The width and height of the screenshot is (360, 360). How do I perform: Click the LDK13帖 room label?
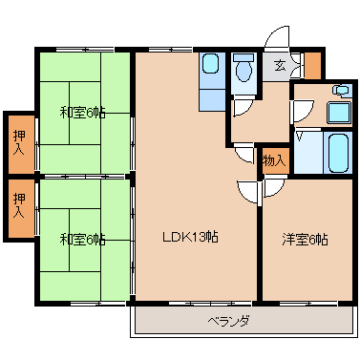point(190,237)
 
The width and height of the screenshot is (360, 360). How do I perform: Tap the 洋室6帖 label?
point(305,240)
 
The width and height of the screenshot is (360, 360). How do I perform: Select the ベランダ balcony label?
point(228,320)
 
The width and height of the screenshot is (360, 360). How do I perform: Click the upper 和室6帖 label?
point(83,113)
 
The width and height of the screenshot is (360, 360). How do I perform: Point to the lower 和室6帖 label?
point(83,240)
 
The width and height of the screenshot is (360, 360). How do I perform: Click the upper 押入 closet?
point(21,144)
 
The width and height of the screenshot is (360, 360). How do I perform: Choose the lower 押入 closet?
point(21,208)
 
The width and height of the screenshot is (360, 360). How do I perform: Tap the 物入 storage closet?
point(275,160)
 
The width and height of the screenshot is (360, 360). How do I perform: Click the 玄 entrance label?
point(280,66)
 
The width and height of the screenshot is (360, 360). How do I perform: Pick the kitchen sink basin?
point(210,64)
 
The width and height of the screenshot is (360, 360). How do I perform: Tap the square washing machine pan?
point(339,113)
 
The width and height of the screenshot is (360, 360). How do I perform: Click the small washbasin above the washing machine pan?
point(341,90)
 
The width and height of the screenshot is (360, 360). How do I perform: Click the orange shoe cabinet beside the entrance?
point(312,65)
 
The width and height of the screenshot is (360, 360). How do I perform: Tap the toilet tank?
point(244,58)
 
